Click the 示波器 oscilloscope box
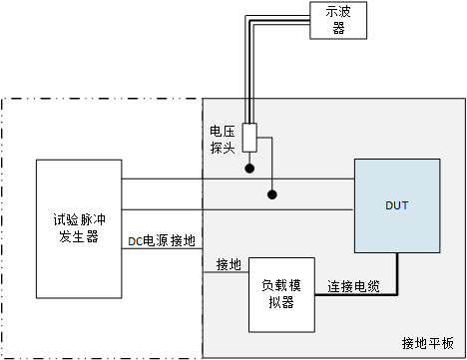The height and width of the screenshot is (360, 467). pos(337,20)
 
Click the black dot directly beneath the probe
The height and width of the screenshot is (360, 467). pos(250,169)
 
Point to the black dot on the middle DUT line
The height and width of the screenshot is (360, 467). pos(270,193)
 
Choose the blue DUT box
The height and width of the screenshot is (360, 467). pos(397,206)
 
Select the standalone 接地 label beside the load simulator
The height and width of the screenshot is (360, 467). pos(229,264)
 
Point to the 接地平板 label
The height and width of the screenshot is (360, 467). pos(426,343)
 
